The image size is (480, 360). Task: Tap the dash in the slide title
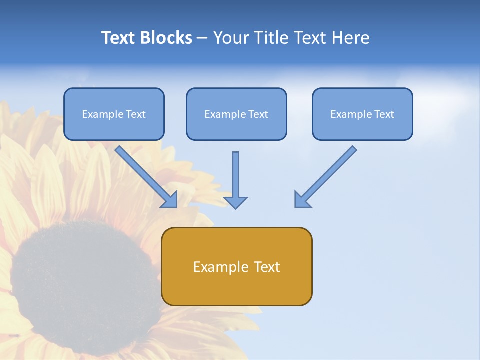click(202, 38)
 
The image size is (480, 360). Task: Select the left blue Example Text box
click(114, 114)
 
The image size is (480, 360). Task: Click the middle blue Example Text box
click(236, 114)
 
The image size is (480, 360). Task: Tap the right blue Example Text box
click(362, 114)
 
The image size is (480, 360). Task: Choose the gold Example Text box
click(236, 266)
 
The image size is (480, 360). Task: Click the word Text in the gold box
click(267, 267)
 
